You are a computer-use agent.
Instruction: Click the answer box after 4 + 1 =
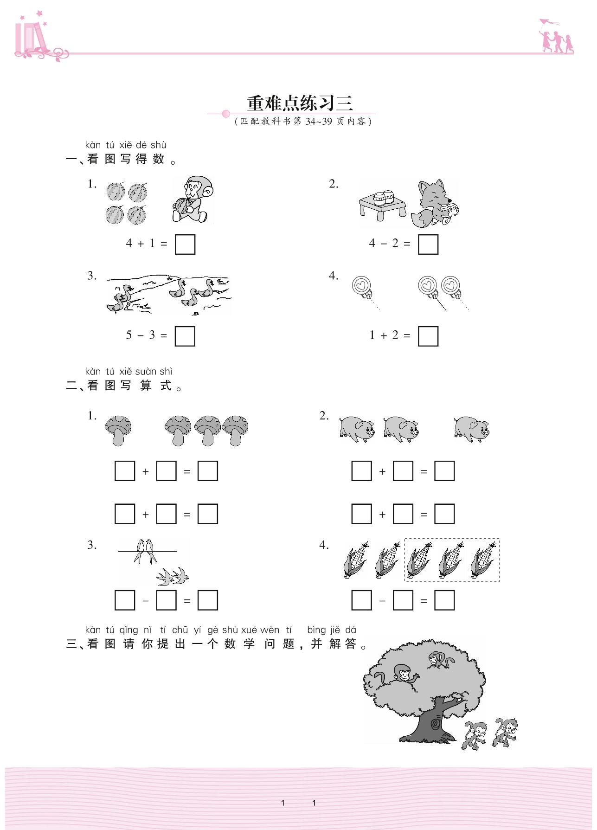pyautogui.click(x=185, y=244)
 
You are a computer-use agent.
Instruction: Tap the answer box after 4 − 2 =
pyautogui.click(x=428, y=244)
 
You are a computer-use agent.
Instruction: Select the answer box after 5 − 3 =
pyautogui.click(x=185, y=336)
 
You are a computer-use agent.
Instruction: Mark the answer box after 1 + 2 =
pyautogui.click(x=428, y=336)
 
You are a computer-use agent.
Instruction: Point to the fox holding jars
pyautogui.click(x=435, y=204)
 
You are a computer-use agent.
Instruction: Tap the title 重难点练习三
pyautogui.click(x=300, y=103)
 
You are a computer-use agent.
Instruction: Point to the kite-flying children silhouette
pyautogui.click(x=556, y=37)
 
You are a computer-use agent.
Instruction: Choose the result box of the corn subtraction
pyautogui.click(x=444, y=600)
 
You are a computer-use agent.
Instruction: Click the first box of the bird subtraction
pyautogui.click(x=125, y=600)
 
